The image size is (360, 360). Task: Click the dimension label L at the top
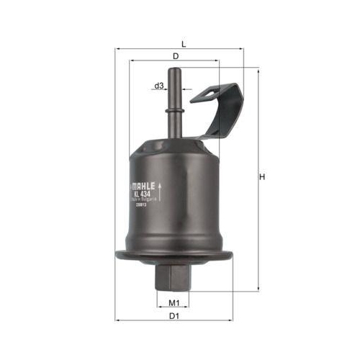tap(184, 44)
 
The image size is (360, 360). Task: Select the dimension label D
tap(175, 55)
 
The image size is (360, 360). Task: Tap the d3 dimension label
tap(159, 86)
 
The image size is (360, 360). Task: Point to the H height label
tap(263, 176)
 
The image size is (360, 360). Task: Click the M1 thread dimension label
tap(173, 303)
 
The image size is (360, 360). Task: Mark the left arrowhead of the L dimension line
tap(117, 48)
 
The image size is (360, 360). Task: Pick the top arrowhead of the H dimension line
tap(258, 71)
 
